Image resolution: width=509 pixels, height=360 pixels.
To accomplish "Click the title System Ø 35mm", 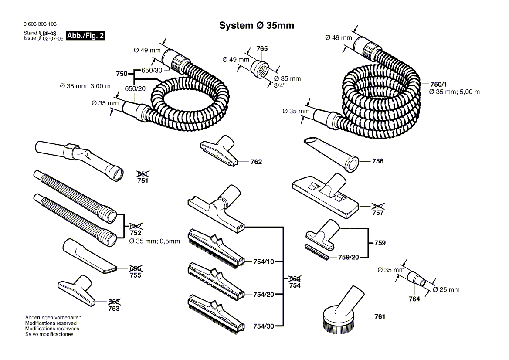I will [x=256, y=26].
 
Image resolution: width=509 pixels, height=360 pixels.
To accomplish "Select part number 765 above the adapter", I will [x=261, y=49].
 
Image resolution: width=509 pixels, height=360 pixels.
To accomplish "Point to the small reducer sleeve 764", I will [x=417, y=279].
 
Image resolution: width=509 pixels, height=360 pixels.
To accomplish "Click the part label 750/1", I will [x=438, y=84].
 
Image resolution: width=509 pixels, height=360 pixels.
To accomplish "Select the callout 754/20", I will [x=263, y=295].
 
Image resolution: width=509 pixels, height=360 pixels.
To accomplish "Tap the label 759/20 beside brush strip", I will [x=348, y=258].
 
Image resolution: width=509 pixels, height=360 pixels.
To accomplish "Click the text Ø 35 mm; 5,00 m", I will [x=454, y=92].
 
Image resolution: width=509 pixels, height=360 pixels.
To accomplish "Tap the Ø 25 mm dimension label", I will [x=446, y=290].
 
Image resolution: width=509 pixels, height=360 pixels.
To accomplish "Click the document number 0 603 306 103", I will [x=40, y=24].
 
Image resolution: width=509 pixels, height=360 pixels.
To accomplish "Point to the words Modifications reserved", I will [x=51, y=323].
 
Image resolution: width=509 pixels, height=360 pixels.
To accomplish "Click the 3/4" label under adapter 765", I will [x=279, y=86].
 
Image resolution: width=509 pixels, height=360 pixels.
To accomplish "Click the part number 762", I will [x=256, y=162].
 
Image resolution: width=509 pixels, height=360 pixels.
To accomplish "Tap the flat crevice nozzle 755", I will [x=89, y=257].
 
